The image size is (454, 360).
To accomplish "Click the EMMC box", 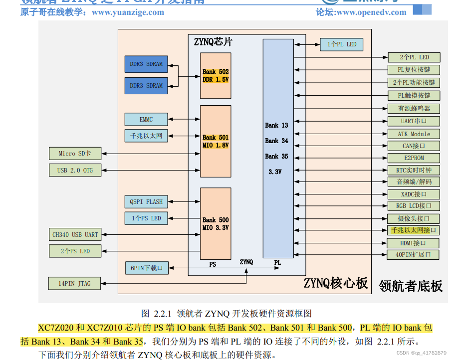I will [146, 120].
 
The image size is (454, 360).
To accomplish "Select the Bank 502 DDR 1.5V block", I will [216, 76].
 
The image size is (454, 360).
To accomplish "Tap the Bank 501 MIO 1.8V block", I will [216, 141].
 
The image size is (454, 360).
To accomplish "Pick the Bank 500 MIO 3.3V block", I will [216, 223].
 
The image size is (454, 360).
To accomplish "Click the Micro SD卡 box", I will [74, 154].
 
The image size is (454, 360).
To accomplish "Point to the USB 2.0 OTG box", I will [74, 170].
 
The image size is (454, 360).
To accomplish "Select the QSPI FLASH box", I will [146, 202].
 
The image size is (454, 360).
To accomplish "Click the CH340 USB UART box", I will [75, 234].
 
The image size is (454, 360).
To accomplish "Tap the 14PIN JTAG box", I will [74, 284].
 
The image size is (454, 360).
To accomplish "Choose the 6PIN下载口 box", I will [147, 268].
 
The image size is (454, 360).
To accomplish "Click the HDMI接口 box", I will [414, 243].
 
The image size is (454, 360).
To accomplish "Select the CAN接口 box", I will [414, 146].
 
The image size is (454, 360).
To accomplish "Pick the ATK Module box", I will [414, 134].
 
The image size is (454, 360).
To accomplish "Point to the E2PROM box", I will [414, 158].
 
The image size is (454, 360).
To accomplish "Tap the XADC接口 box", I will [414, 194].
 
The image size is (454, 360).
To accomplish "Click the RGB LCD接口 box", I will [414, 205].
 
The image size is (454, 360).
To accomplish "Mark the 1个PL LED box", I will [342, 44].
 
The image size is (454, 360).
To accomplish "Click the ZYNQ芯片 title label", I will [213, 42].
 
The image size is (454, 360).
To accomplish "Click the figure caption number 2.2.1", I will [162, 314].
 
